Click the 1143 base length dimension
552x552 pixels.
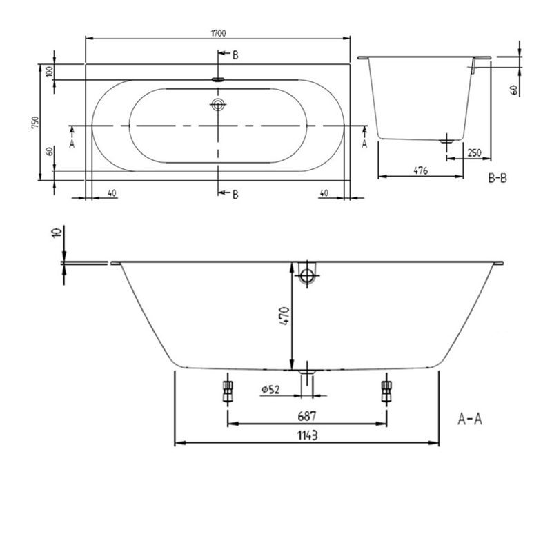click(x=307, y=434)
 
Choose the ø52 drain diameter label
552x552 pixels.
click(x=270, y=391)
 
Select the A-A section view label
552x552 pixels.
click(x=470, y=419)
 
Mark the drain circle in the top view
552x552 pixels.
click(x=219, y=106)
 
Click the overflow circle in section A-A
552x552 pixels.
click(x=306, y=277)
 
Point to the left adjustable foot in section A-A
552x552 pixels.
click(x=226, y=392)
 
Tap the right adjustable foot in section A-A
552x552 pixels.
click(x=386, y=392)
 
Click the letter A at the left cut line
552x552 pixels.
click(x=72, y=144)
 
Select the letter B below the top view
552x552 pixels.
click(x=235, y=195)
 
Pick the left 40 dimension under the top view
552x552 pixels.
click(x=110, y=193)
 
